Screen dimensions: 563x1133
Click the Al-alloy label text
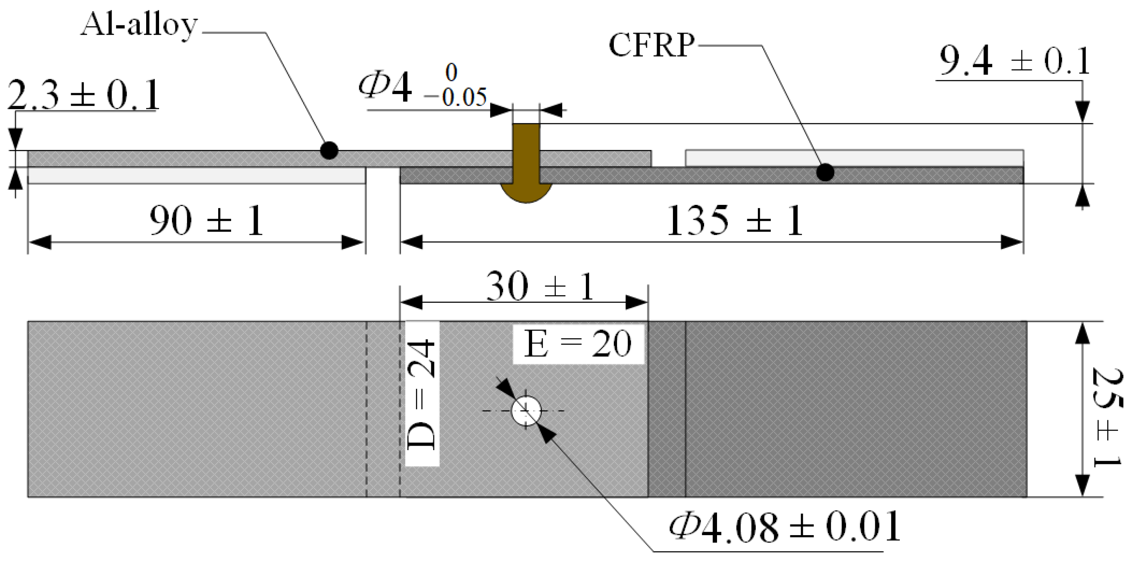[139, 25]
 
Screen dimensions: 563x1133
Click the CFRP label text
[651, 45]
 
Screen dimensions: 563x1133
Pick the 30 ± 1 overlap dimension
[540, 287]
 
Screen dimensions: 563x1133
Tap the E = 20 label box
[578, 344]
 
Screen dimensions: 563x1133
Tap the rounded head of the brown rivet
[526, 193]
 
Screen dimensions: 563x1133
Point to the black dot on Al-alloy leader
[329, 150]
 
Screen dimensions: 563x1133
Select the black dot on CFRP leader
[825, 172]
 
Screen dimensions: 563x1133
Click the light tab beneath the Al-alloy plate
[197, 176]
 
